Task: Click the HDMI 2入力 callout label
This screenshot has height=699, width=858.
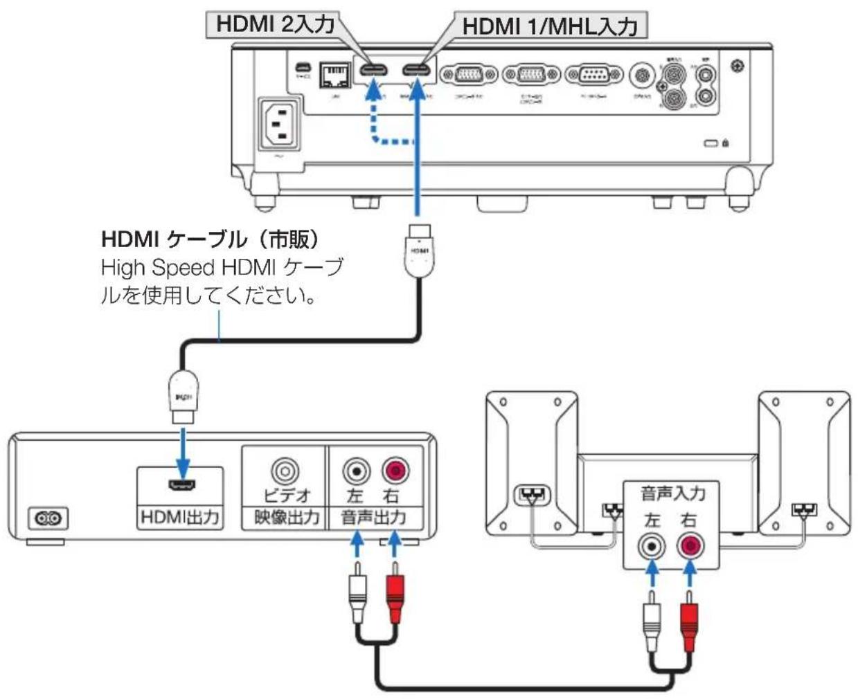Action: [276, 24]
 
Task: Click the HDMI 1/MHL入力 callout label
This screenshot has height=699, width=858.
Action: [548, 26]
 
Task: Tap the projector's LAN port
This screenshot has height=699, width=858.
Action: [333, 74]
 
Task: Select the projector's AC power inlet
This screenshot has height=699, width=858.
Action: [279, 125]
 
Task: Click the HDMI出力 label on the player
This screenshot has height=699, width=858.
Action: [180, 517]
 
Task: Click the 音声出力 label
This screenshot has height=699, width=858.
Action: [374, 517]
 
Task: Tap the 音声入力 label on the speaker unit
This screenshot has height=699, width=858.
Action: [672, 493]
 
